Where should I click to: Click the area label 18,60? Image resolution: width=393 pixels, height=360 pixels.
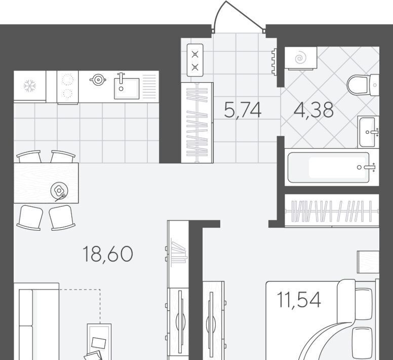107,255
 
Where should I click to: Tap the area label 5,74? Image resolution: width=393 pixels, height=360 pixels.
243,110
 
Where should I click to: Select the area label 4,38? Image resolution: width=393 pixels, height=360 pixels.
313,110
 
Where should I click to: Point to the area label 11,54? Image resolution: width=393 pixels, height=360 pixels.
299,300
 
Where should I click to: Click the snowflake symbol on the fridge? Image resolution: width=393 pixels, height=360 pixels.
30,86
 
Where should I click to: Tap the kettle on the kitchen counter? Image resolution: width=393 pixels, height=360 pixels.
98,80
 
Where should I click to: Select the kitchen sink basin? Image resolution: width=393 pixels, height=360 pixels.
127,88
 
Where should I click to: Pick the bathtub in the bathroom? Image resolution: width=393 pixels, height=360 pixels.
328,167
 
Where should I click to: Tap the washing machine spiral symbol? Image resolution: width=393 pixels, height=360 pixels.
300,58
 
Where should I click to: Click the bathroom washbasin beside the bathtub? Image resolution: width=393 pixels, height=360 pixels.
368,132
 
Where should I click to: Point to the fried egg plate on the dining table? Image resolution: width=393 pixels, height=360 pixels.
59,191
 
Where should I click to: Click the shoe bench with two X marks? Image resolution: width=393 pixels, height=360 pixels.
195,60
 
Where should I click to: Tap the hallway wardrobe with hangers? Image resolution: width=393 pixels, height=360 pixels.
197,123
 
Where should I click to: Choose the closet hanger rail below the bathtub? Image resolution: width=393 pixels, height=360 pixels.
332,211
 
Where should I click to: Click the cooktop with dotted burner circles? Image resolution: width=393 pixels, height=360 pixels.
68,87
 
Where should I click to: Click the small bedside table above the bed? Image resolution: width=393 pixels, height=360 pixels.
368,262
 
